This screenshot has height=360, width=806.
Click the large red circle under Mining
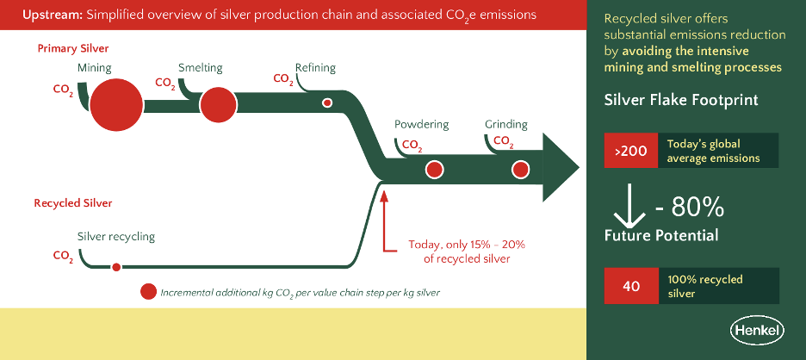(x=116, y=105)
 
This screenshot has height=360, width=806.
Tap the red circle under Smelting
(x=218, y=105)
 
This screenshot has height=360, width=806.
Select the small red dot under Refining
(x=327, y=103)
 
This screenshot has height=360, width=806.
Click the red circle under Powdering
(x=434, y=169)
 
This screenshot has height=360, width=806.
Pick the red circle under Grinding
(x=519, y=169)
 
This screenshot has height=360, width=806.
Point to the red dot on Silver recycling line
(x=116, y=267)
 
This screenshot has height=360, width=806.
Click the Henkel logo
(x=755, y=330)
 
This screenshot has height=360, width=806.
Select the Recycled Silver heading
(x=73, y=204)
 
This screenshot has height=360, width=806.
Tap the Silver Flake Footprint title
(x=681, y=100)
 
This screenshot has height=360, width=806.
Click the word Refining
(x=315, y=68)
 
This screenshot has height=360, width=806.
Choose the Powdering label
(x=421, y=125)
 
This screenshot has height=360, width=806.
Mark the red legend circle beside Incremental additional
(x=148, y=292)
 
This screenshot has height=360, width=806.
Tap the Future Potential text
(x=661, y=234)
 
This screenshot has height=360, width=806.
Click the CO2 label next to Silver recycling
(x=63, y=256)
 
